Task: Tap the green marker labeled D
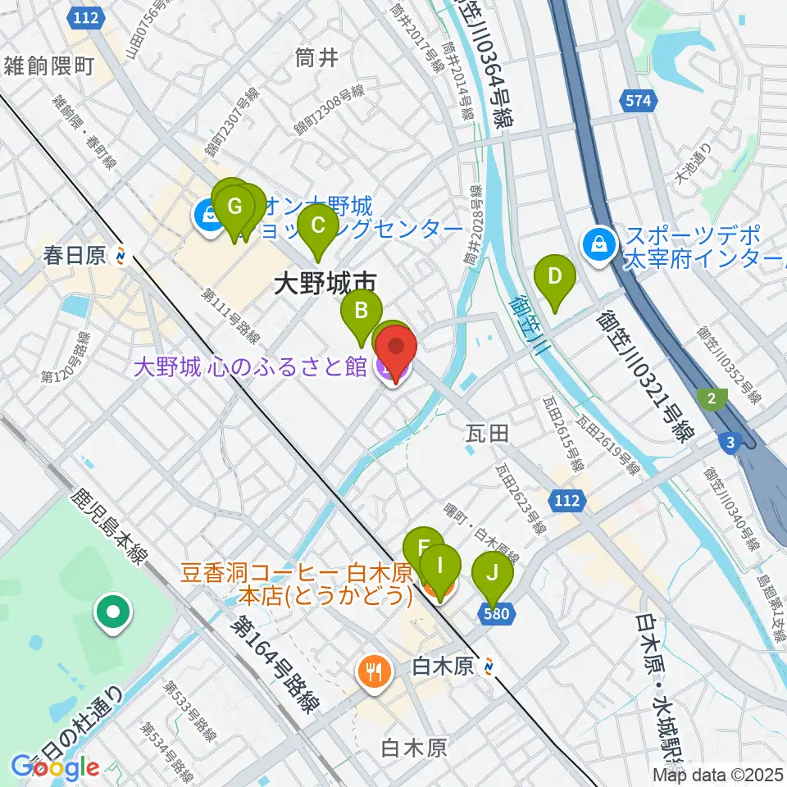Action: coord(554,275)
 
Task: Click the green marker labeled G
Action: coord(234,205)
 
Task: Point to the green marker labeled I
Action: coord(439,565)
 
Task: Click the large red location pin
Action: coord(397,348)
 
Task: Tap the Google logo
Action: coord(55,767)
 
